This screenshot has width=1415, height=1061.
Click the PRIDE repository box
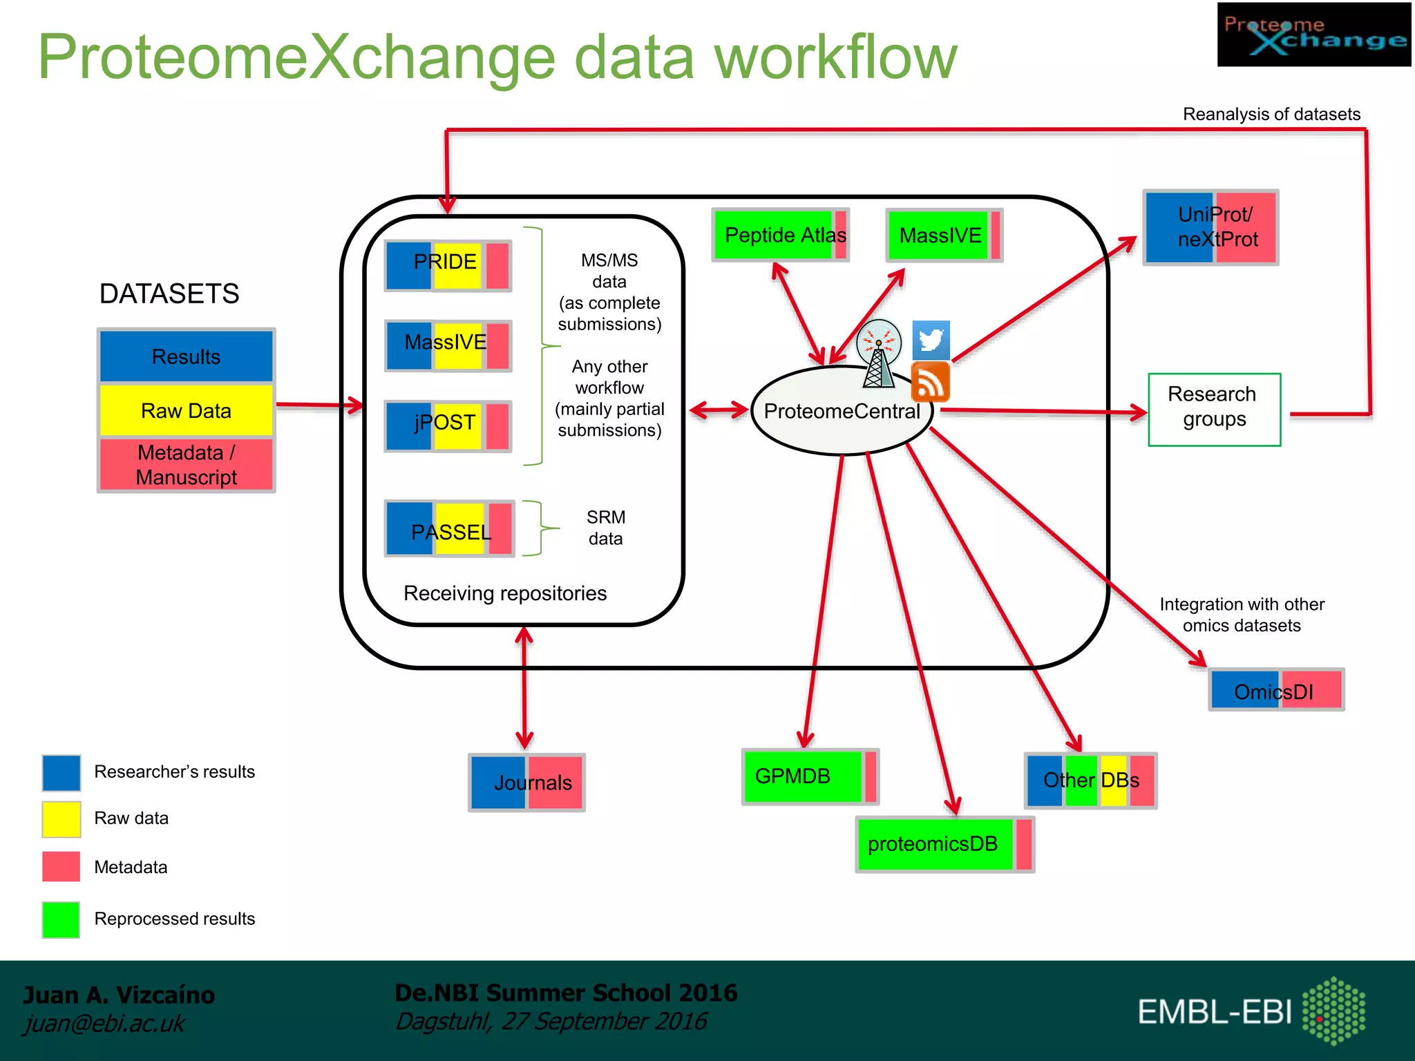[x=448, y=266]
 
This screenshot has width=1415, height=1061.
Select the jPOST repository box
[x=448, y=426]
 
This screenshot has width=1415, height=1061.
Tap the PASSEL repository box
[x=449, y=528]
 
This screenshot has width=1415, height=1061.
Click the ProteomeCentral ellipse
[x=842, y=412]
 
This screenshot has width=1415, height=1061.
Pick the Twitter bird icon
[x=931, y=340]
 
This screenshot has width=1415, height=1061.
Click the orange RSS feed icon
[x=931, y=383]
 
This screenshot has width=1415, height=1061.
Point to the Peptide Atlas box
[x=780, y=235]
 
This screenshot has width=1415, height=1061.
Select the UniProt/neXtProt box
[x=1210, y=227]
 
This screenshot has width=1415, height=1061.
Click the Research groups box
[x=1214, y=410]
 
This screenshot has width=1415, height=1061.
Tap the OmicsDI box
[x=1276, y=689]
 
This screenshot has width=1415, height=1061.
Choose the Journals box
[x=526, y=782]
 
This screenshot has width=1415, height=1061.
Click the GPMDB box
[x=810, y=776]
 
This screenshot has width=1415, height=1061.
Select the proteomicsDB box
[x=944, y=844]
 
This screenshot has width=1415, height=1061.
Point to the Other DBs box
[x=1090, y=781]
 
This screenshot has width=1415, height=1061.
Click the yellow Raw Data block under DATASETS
[x=186, y=410]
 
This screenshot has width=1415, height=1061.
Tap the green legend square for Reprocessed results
[x=61, y=919]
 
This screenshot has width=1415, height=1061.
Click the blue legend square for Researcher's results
[x=61, y=772]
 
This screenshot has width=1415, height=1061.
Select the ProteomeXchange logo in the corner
[x=1313, y=35]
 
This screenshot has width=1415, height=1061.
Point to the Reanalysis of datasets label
[x=1271, y=114]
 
